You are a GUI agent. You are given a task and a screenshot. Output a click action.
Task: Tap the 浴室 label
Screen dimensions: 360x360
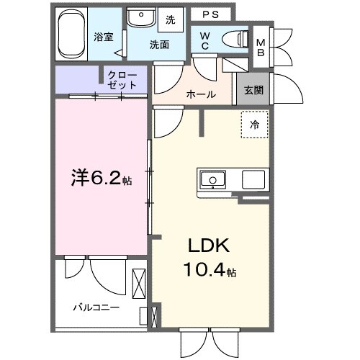(103, 37)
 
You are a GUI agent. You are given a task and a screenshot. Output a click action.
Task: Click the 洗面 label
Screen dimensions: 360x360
(158, 44)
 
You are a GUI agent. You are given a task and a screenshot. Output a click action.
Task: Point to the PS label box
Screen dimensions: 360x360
(210, 14)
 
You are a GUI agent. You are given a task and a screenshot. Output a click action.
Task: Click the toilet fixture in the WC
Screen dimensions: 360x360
(233, 38)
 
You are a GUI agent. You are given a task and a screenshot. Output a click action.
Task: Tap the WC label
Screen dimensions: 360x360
(204, 41)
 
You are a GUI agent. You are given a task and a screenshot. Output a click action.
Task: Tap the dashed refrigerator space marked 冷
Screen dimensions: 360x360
(253, 125)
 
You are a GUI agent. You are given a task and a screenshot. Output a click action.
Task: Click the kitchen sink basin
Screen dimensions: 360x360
(214, 179)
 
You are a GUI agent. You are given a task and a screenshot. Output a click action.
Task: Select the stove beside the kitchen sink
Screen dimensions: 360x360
(254, 179)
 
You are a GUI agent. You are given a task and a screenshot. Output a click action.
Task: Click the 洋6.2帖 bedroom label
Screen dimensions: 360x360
(100, 178)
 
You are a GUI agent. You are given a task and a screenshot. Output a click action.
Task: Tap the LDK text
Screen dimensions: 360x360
(208, 246)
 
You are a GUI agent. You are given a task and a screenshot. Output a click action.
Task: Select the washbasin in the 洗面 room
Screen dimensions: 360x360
(138, 17)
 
